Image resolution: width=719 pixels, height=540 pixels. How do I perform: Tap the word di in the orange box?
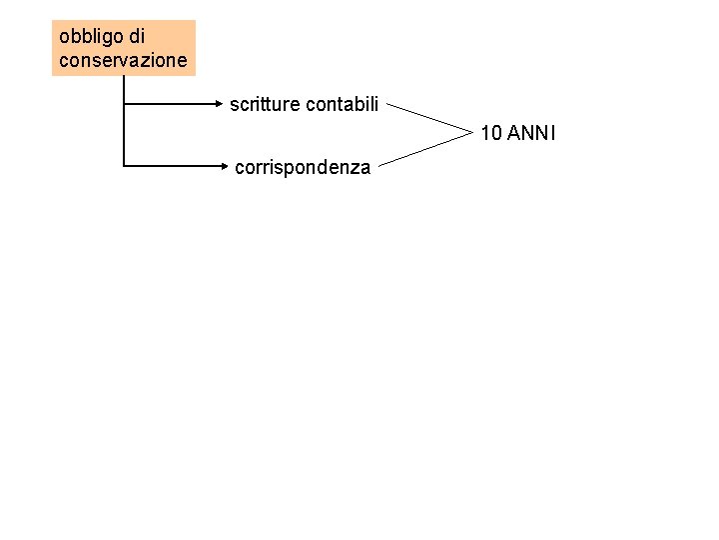click(136, 37)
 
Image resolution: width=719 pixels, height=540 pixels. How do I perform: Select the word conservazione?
click(123, 61)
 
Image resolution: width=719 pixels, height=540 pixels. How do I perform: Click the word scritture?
click(264, 104)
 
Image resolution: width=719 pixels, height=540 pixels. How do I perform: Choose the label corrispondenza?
click(302, 168)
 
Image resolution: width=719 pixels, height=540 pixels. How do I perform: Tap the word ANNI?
click(531, 132)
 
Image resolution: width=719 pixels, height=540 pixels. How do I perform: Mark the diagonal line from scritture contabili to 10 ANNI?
click(427, 116)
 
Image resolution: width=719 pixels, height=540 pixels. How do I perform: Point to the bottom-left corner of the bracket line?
click(123, 165)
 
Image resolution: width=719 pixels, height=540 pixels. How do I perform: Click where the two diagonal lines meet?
click(470, 132)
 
